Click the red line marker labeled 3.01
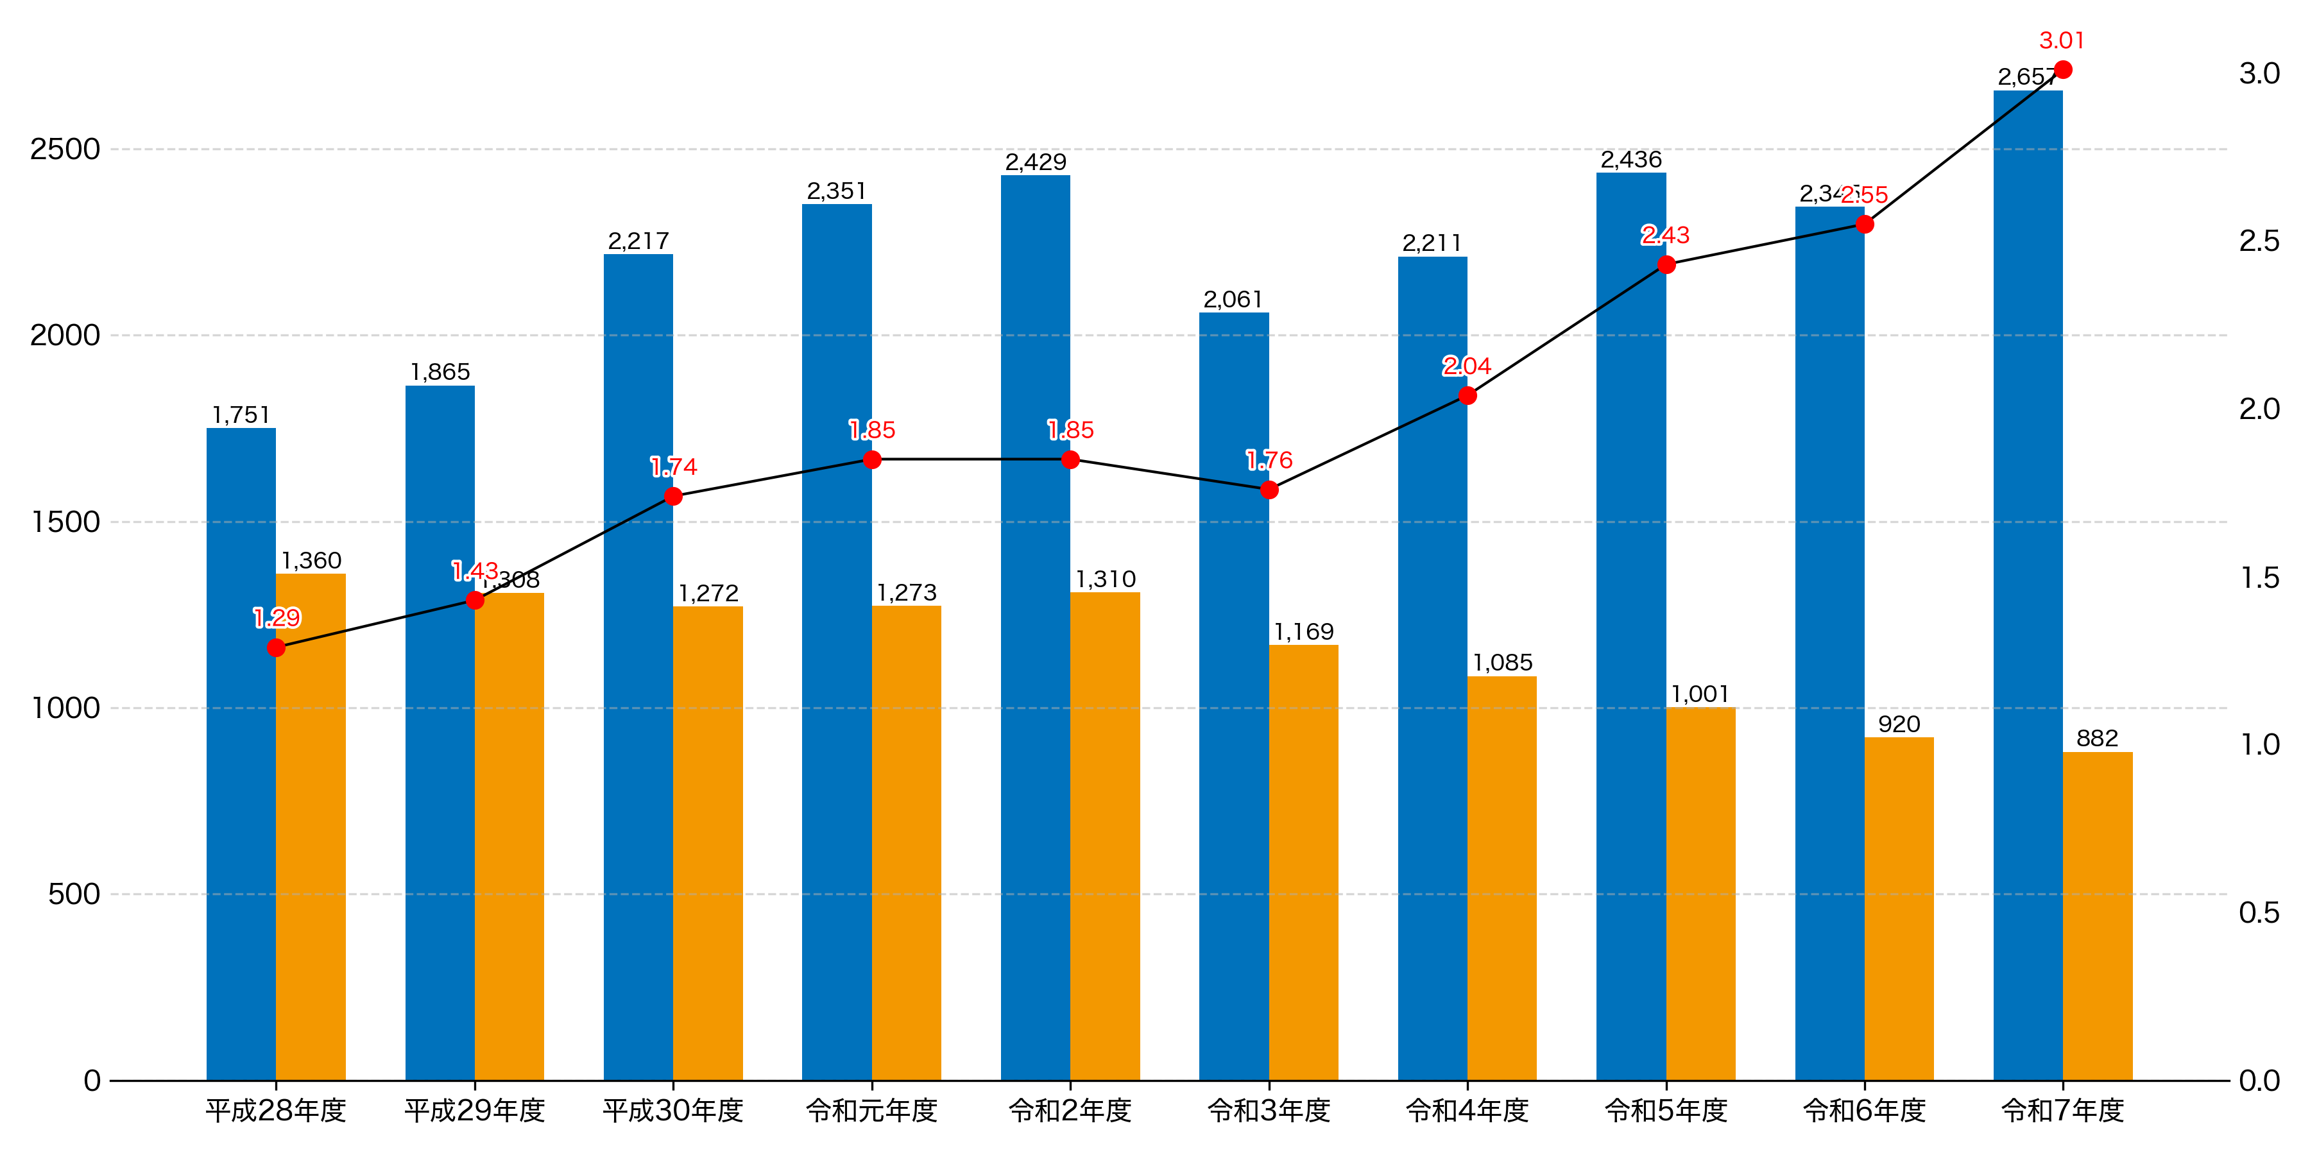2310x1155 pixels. [x=2062, y=70]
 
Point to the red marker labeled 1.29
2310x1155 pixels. [x=276, y=647]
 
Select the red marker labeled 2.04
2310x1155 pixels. [x=1467, y=395]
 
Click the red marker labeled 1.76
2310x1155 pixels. [x=1269, y=490]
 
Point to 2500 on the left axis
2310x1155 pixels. [x=65, y=149]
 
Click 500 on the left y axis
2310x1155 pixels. [x=74, y=894]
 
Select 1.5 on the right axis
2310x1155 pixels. [x=2259, y=577]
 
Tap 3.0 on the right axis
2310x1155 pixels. [x=2259, y=74]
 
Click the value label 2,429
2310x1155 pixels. [x=1035, y=162]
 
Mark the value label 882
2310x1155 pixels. [x=2098, y=738]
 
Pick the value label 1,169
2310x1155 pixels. [x=1304, y=631]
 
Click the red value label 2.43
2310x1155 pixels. [x=1665, y=235]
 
